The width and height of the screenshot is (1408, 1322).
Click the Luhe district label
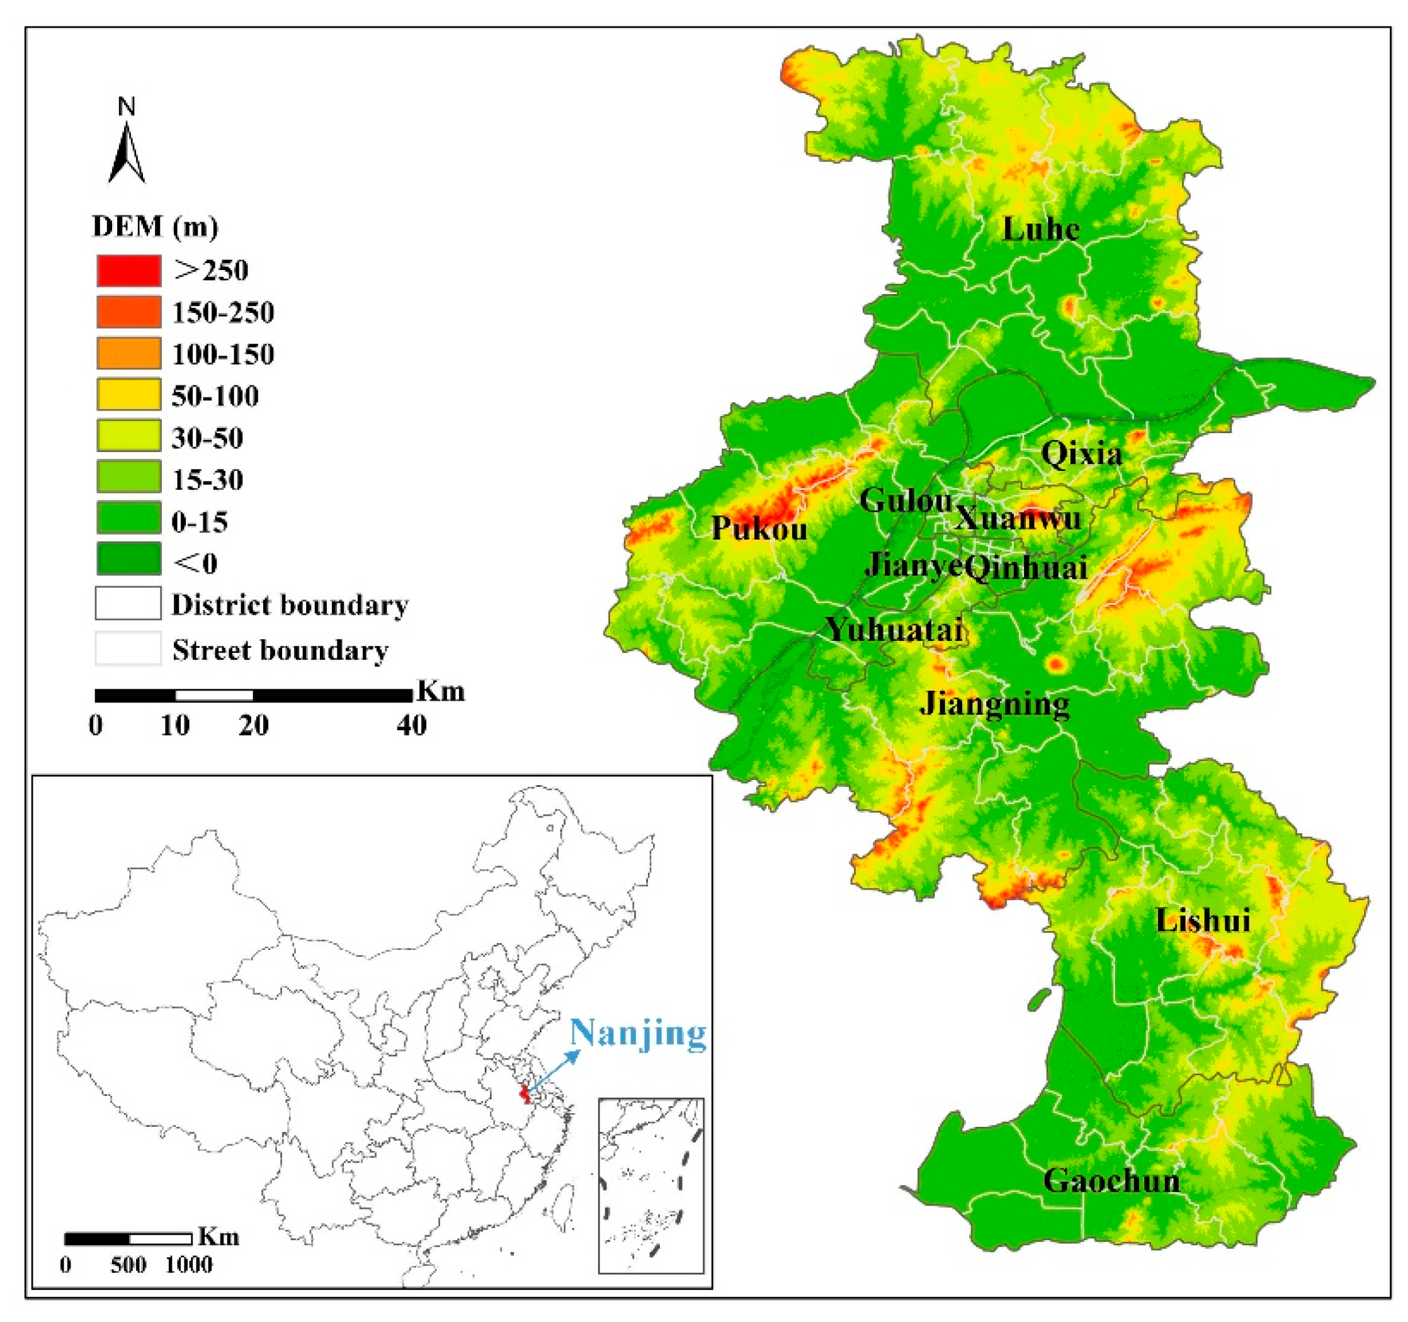pyautogui.click(x=1040, y=229)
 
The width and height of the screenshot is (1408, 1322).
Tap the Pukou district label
pyautogui.click(x=759, y=528)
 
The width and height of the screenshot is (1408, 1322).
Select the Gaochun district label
pyautogui.click(x=1111, y=1180)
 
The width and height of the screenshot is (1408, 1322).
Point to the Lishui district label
pyautogui.click(x=1203, y=920)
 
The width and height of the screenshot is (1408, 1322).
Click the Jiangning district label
pyautogui.click(x=994, y=704)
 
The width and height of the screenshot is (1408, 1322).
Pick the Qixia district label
pyautogui.click(x=1081, y=454)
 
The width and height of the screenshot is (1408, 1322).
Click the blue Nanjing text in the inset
pyautogui.click(x=638, y=1033)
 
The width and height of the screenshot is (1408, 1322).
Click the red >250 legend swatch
pyautogui.click(x=128, y=271)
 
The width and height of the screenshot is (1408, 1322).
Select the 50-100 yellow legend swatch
pyautogui.click(x=128, y=395)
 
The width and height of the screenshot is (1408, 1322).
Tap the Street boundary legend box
pyautogui.click(x=128, y=648)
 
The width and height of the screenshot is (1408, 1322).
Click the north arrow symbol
pyautogui.click(x=126, y=152)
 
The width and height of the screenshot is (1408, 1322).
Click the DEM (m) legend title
pyautogui.click(x=155, y=227)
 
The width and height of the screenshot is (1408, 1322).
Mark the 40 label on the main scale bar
pyautogui.click(x=411, y=726)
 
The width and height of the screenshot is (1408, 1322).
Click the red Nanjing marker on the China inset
pyautogui.click(x=524, y=1095)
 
